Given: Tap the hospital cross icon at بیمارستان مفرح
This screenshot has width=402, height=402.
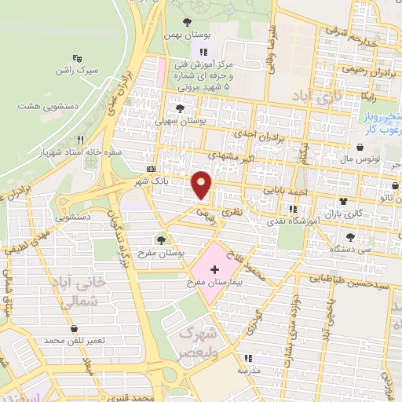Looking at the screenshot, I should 215,269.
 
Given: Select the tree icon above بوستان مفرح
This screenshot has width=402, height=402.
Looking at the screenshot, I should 162,239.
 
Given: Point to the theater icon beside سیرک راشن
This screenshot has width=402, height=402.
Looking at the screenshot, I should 76,57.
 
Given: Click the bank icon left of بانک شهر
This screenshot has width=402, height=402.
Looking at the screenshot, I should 151,169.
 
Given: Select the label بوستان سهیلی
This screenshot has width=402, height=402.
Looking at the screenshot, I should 181,122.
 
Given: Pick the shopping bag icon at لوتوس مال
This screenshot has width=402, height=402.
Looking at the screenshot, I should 360,147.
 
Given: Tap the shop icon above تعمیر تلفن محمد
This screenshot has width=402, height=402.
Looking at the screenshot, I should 75,329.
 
